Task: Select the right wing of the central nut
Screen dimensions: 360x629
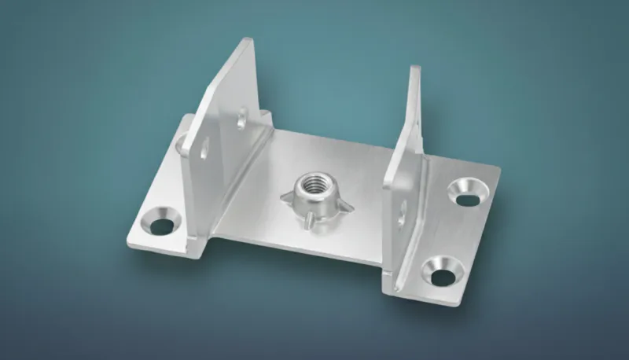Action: [x=344, y=206]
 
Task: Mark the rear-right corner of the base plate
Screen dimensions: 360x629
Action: [x=498, y=168]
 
